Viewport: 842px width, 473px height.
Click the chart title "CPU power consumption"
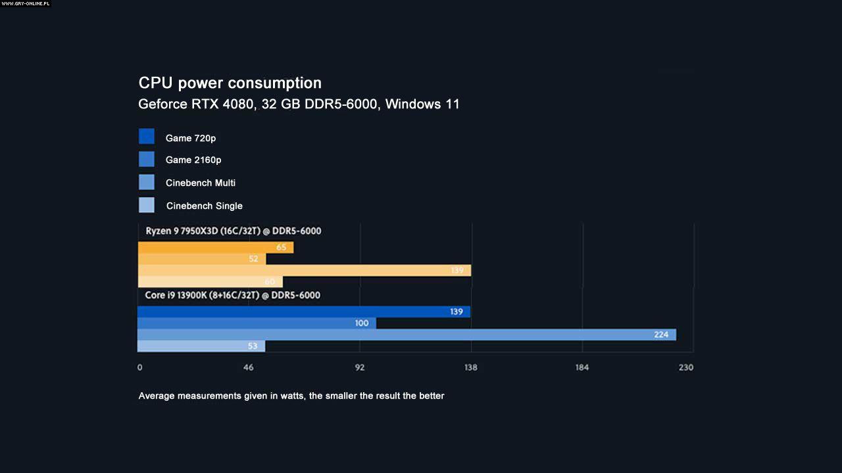tap(230, 83)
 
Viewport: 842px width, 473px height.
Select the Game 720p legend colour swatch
tap(147, 137)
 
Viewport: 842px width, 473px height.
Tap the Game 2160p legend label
tap(193, 160)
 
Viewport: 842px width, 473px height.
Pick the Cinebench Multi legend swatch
tap(147, 182)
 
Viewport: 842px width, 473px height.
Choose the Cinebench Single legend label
tap(204, 206)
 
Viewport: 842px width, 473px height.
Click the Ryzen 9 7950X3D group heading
tap(233, 231)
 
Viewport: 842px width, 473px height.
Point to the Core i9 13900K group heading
tap(232, 296)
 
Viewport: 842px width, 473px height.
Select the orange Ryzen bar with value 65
tap(216, 248)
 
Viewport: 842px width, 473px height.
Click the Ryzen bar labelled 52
tap(202, 259)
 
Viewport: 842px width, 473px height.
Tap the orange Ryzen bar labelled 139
tap(305, 271)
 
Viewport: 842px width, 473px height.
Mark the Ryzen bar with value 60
tap(210, 282)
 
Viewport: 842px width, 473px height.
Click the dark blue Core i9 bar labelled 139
tap(303, 312)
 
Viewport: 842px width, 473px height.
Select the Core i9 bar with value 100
tap(257, 323)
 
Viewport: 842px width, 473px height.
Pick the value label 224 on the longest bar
tap(661, 335)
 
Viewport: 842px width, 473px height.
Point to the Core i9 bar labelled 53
tap(201, 346)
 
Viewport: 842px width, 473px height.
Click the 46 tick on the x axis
tap(249, 368)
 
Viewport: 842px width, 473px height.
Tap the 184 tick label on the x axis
tap(582, 368)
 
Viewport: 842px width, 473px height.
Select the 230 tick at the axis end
tap(686, 368)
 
